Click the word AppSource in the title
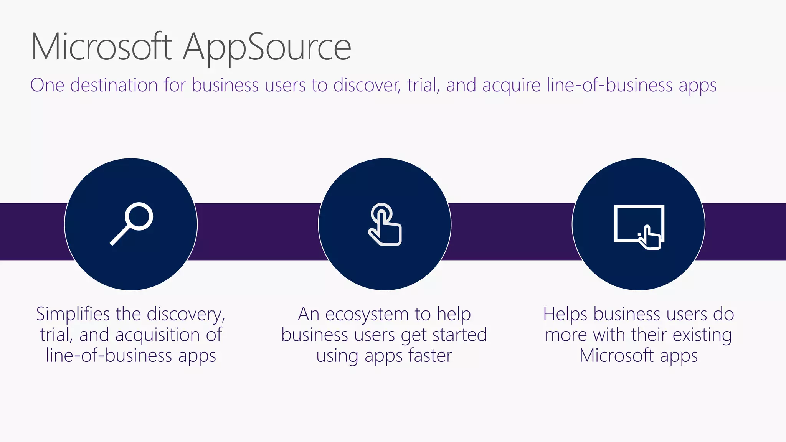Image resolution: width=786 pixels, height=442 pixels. point(267,47)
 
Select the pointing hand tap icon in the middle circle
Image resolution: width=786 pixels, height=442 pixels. point(385,224)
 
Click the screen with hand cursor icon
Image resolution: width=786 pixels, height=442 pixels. point(639,226)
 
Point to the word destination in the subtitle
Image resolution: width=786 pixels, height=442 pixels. point(114,85)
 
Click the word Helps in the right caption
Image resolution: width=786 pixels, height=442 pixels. point(565,314)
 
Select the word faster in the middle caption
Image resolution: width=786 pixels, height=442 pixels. point(430,355)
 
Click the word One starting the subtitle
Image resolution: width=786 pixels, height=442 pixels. point(47,85)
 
